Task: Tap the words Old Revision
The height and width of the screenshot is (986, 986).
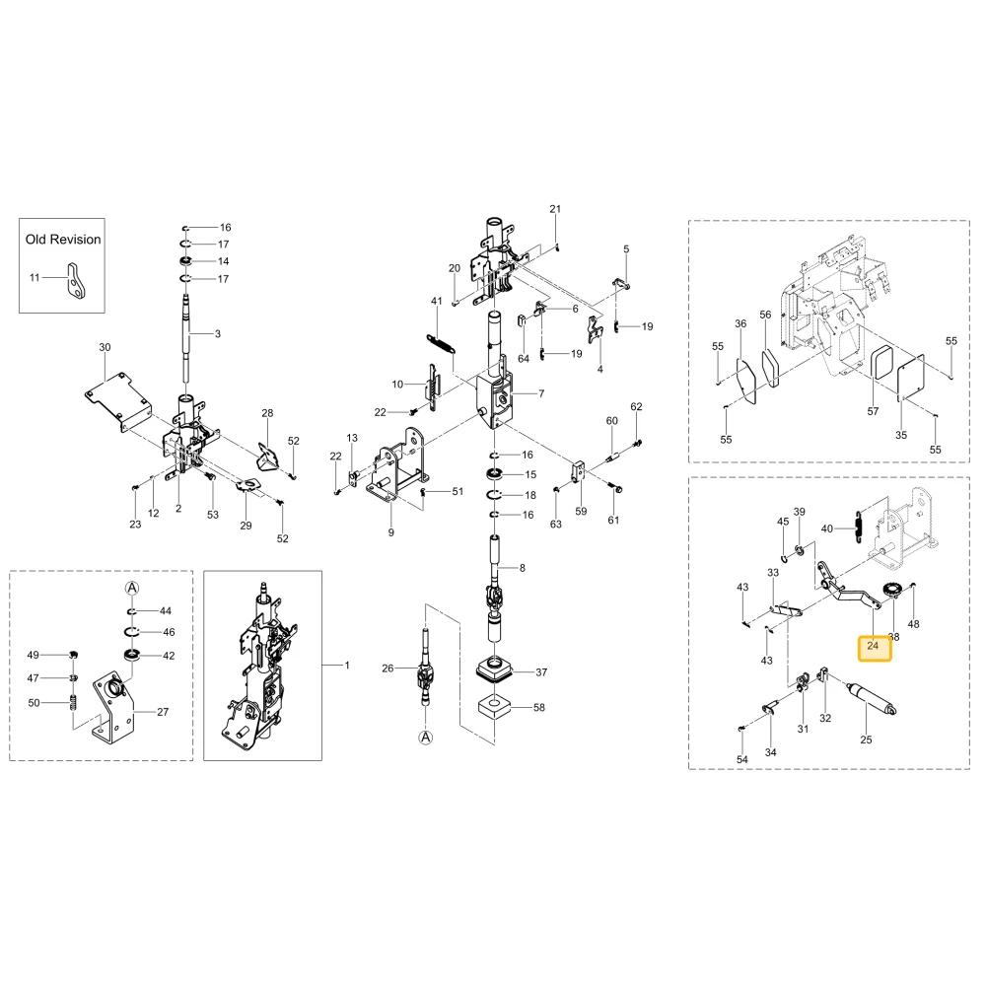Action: (63, 240)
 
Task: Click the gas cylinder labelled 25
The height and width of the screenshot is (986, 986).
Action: (873, 699)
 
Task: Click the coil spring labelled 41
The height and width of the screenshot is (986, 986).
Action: (441, 343)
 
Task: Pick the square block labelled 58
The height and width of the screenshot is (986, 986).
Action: (494, 707)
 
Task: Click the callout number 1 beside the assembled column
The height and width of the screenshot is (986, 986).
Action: (347, 665)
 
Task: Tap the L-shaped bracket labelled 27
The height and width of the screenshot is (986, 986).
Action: (113, 706)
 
